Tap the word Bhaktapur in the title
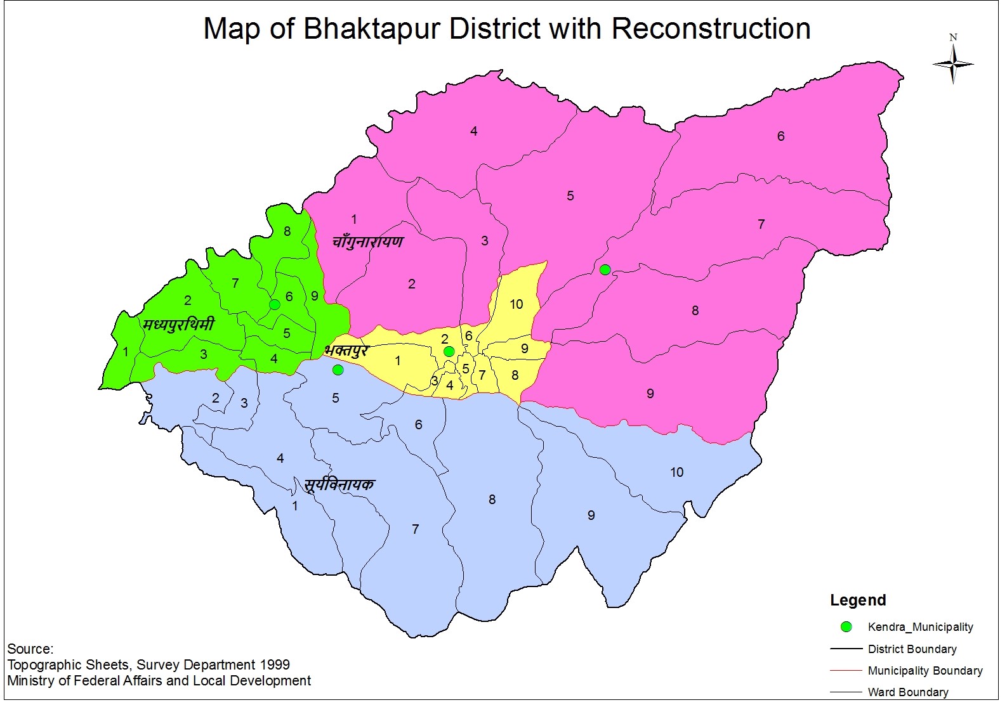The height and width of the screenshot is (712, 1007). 372,29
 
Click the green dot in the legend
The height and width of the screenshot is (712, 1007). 846,627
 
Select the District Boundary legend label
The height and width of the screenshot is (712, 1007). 912,649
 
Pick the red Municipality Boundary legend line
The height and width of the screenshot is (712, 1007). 846,670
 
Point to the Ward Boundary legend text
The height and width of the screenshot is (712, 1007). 908,692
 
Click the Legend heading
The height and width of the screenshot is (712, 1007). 858,600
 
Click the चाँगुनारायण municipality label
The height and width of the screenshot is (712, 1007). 368,242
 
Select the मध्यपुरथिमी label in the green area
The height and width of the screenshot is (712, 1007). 179,325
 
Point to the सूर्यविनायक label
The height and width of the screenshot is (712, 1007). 339,485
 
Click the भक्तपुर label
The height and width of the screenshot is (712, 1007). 346,351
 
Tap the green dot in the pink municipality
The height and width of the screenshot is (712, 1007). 605,270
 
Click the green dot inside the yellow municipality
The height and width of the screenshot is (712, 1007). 449,351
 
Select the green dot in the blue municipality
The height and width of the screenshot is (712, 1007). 338,370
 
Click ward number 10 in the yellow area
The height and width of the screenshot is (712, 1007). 517,304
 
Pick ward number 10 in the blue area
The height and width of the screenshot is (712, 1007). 676,472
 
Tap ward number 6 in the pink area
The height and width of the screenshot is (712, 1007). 780,136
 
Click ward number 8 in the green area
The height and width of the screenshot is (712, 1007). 287,231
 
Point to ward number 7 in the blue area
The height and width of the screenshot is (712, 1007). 415,529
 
